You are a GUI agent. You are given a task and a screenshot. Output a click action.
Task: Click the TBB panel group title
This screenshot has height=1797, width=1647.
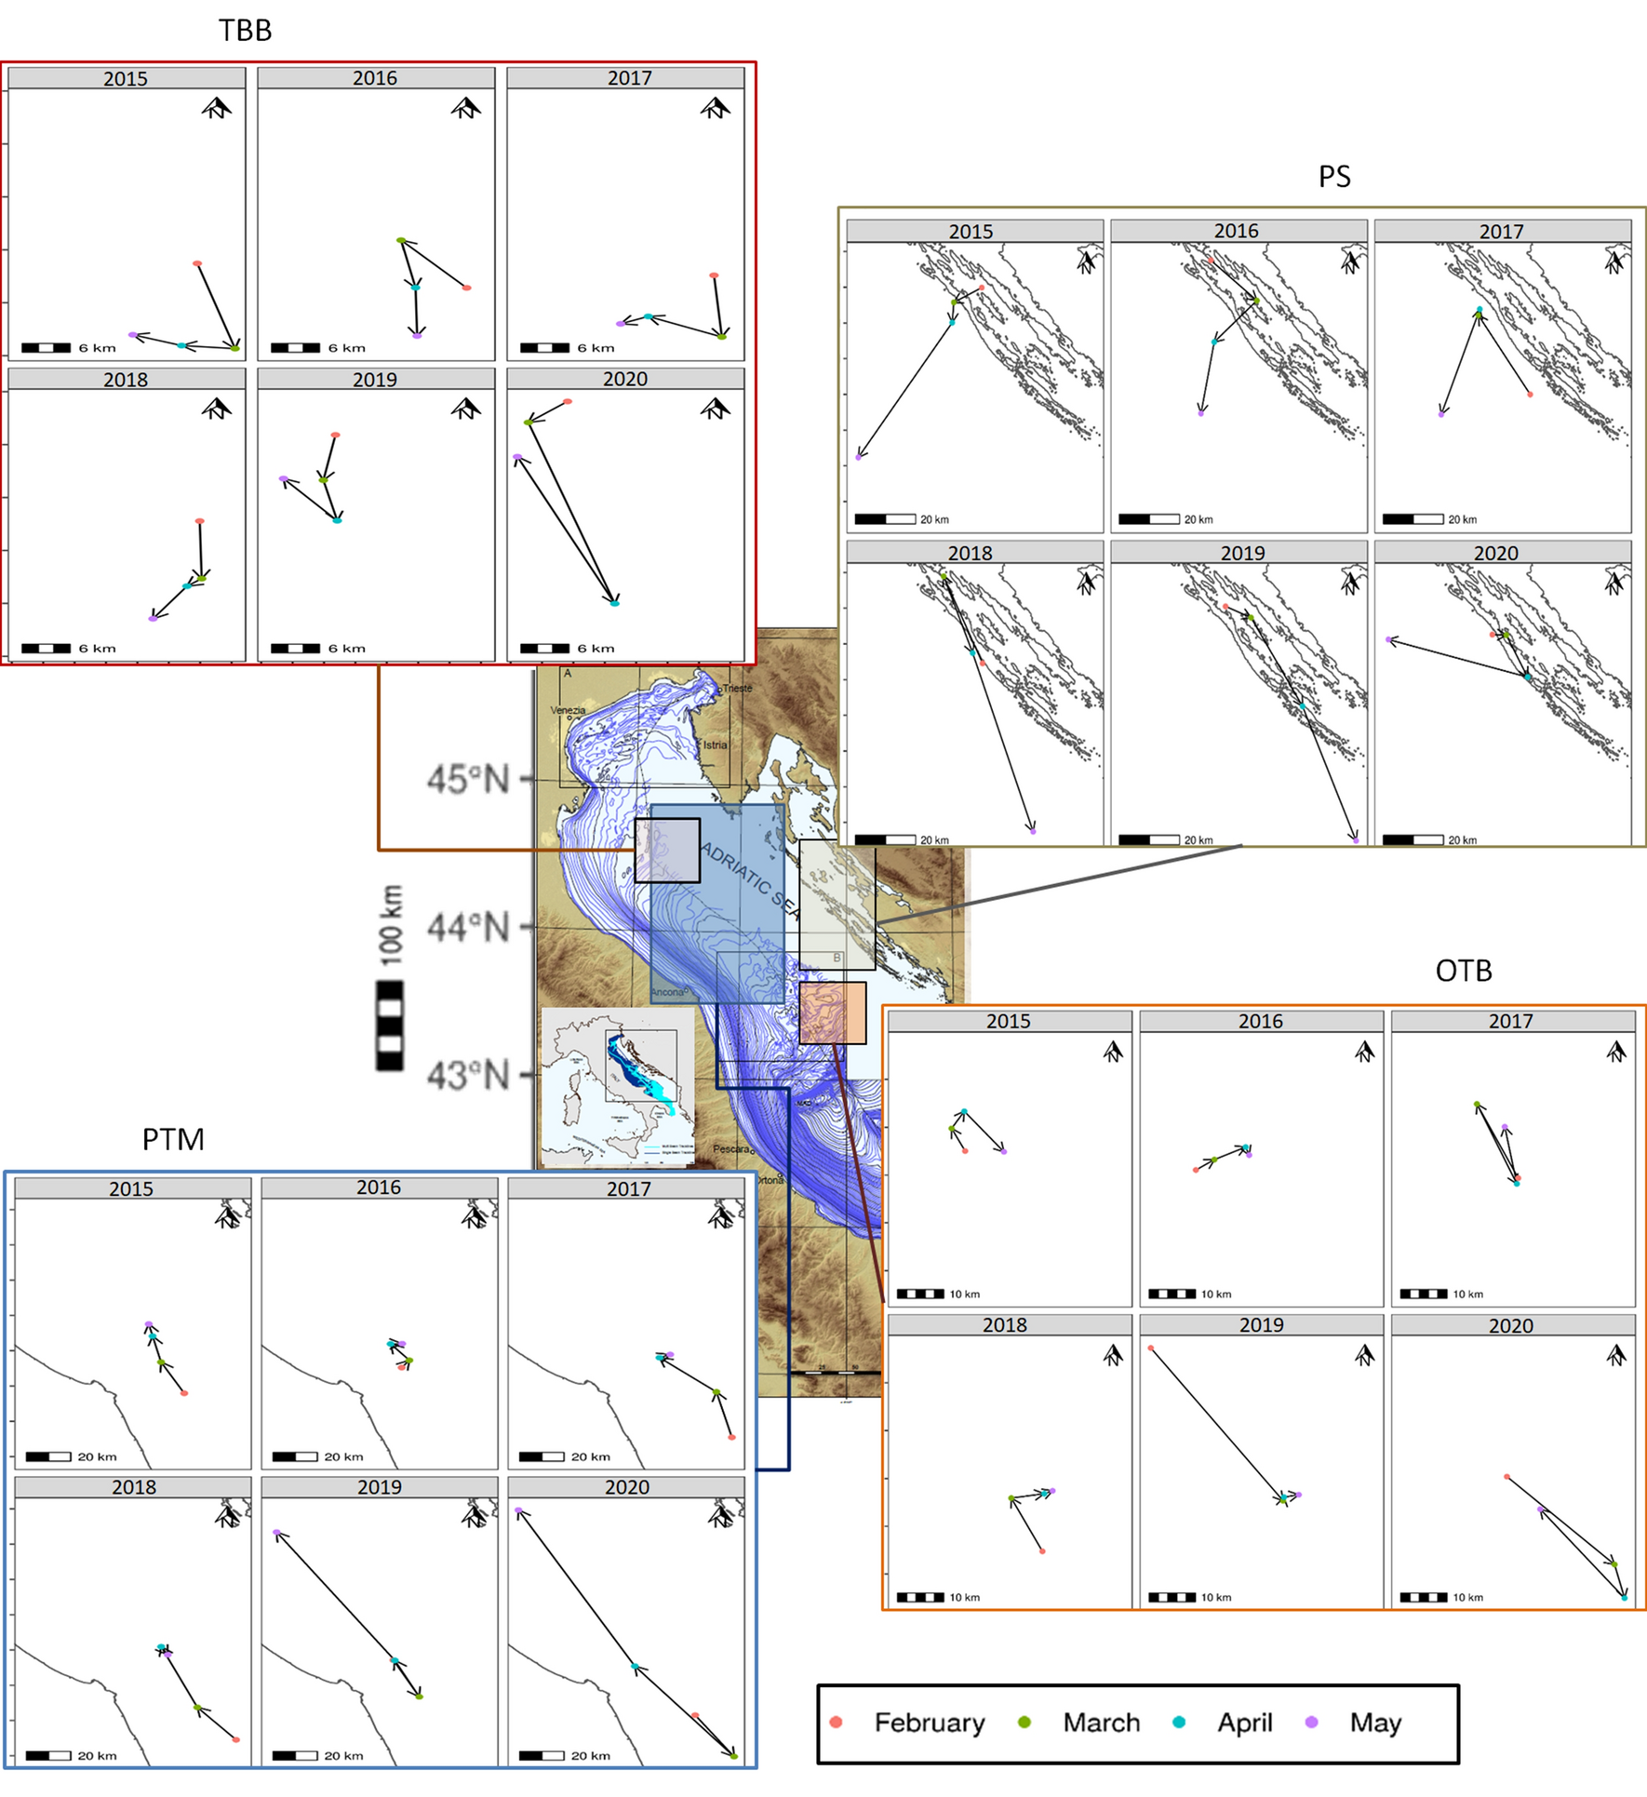pyautogui.click(x=245, y=31)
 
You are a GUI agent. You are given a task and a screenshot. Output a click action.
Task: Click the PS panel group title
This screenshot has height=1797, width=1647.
pyautogui.click(x=1333, y=177)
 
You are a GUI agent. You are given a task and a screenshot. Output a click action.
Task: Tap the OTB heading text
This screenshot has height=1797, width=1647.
pyautogui.click(x=1463, y=971)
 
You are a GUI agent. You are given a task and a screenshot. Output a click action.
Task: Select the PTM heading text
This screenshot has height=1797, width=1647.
pyautogui.click(x=173, y=1139)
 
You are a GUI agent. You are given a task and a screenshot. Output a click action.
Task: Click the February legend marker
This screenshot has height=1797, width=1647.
pyautogui.click(x=836, y=1723)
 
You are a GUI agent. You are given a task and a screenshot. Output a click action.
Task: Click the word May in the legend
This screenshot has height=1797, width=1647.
pyautogui.click(x=1374, y=1723)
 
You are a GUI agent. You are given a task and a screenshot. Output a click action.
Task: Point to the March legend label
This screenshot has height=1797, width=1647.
pyautogui.click(x=1101, y=1723)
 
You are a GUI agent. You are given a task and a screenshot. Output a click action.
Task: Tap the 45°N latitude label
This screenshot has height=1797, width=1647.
pyautogui.click(x=468, y=779)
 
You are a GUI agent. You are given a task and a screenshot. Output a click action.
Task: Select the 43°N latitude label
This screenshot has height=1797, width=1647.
pyautogui.click(x=468, y=1076)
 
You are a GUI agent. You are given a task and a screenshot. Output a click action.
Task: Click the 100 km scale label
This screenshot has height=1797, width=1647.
pyautogui.click(x=392, y=925)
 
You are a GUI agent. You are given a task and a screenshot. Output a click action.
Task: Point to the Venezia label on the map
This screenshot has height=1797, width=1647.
pyautogui.click(x=568, y=710)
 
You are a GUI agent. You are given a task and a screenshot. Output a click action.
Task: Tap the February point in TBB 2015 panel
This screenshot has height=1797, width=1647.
pyautogui.click(x=197, y=264)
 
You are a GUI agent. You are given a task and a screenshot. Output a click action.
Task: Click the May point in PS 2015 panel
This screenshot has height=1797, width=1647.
pyautogui.click(x=859, y=457)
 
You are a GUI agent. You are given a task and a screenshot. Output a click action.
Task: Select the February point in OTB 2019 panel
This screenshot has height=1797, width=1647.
pyautogui.click(x=1151, y=1348)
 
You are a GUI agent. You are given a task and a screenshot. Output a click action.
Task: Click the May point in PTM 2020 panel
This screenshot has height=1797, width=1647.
pyautogui.click(x=518, y=1510)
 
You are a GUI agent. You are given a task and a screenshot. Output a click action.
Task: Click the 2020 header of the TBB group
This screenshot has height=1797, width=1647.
pyautogui.click(x=624, y=379)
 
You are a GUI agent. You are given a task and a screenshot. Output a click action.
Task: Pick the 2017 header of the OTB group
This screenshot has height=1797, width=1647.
pyautogui.click(x=1510, y=1021)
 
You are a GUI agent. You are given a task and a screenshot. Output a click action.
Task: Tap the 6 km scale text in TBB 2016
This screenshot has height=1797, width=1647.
pyautogui.click(x=346, y=348)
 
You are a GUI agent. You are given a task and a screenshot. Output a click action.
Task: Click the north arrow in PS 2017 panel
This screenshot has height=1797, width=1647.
pyautogui.click(x=1615, y=262)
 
